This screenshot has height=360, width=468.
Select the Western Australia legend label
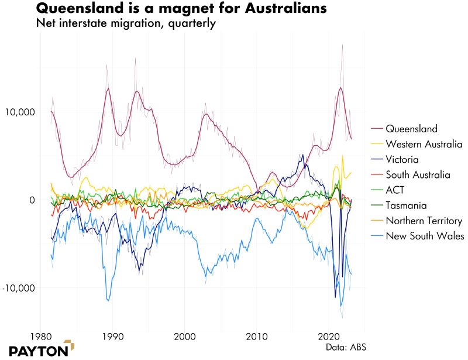click(x=424, y=144)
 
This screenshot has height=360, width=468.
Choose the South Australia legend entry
click(x=418, y=175)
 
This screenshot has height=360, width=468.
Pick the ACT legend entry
click(x=395, y=190)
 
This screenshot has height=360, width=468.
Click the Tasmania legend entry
click(x=405, y=205)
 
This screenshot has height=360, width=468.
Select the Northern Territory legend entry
click(x=424, y=221)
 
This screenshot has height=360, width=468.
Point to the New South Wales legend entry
click(x=425, y=236)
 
